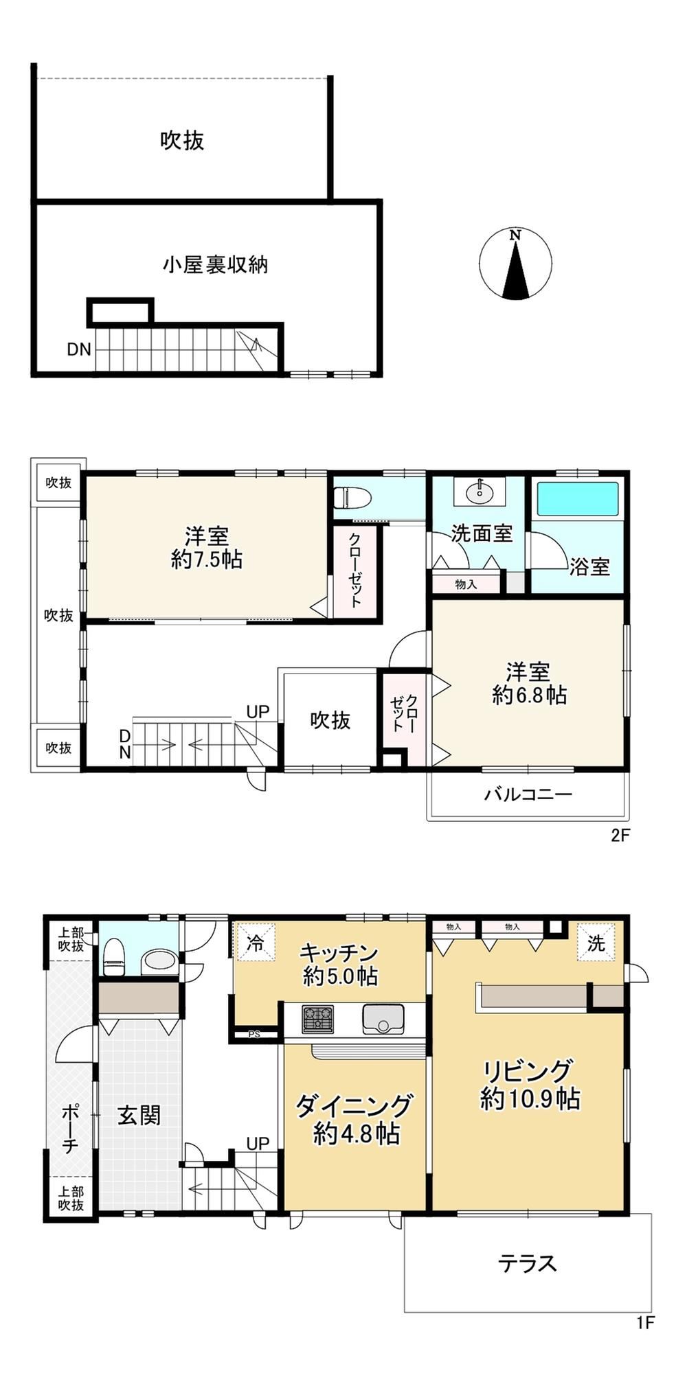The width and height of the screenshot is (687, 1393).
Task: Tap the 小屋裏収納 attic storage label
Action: pos(215,265)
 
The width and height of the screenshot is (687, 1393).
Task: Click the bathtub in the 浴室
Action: pos(577,498)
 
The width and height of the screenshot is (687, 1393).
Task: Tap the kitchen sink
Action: pos(383,1019)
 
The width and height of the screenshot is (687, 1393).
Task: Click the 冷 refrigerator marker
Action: pos(255,943)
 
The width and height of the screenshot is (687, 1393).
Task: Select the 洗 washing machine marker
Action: pos(596,943)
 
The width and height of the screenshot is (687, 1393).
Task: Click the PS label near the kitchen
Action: pos(254,1034)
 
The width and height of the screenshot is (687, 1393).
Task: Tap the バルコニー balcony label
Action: pos(528,795)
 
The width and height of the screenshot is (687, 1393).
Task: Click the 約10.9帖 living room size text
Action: pos(530,1099)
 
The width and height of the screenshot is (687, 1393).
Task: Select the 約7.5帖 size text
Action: pos(206,560)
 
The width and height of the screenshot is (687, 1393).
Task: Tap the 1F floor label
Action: pos(645,1322)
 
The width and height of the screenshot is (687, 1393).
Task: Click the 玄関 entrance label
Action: pos(139,1115)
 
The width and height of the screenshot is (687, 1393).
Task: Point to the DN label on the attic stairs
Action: pos(79,349)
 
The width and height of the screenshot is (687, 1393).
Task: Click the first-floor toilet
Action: pos(113,955)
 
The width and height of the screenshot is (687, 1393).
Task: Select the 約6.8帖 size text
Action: pos(529,695)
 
